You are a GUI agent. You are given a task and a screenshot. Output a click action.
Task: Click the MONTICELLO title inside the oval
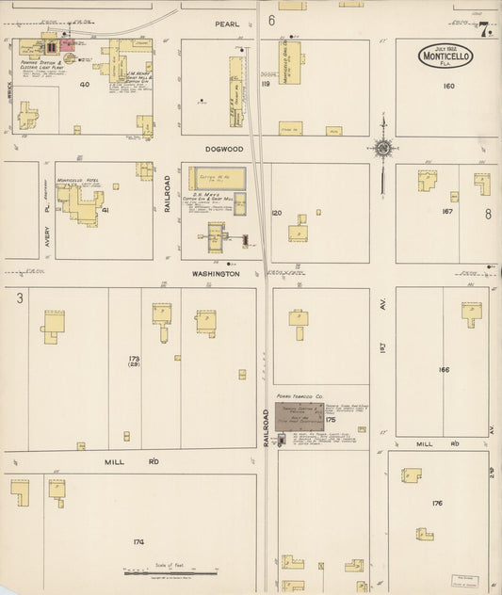[x=445, y=56]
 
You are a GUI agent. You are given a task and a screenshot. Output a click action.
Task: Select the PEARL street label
[x=226, y=22]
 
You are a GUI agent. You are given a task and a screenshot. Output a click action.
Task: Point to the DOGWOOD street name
[x=225, y=148]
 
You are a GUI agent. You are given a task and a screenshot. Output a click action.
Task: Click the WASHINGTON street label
[x=218, y=274]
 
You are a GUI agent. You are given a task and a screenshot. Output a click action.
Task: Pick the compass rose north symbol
[x=382, y=148]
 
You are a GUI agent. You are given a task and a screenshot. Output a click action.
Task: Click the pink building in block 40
[x=68, y=43]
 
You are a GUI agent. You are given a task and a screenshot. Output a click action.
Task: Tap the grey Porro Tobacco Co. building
[x=299, y=416]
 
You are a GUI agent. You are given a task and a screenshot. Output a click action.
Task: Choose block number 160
[x=448, y=87]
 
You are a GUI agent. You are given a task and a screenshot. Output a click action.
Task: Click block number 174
[x=138, y=542]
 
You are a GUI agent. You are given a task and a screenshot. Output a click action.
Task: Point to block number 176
[x=436, y=504]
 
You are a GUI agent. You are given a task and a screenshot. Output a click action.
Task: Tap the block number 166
[x=443, y=370]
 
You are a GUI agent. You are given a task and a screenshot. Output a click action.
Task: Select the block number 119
[x=267, y=84]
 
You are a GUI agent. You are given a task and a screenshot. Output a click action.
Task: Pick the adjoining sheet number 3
[x=18, y=297]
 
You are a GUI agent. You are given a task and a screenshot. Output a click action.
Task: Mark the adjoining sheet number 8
[x=488, y=214]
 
